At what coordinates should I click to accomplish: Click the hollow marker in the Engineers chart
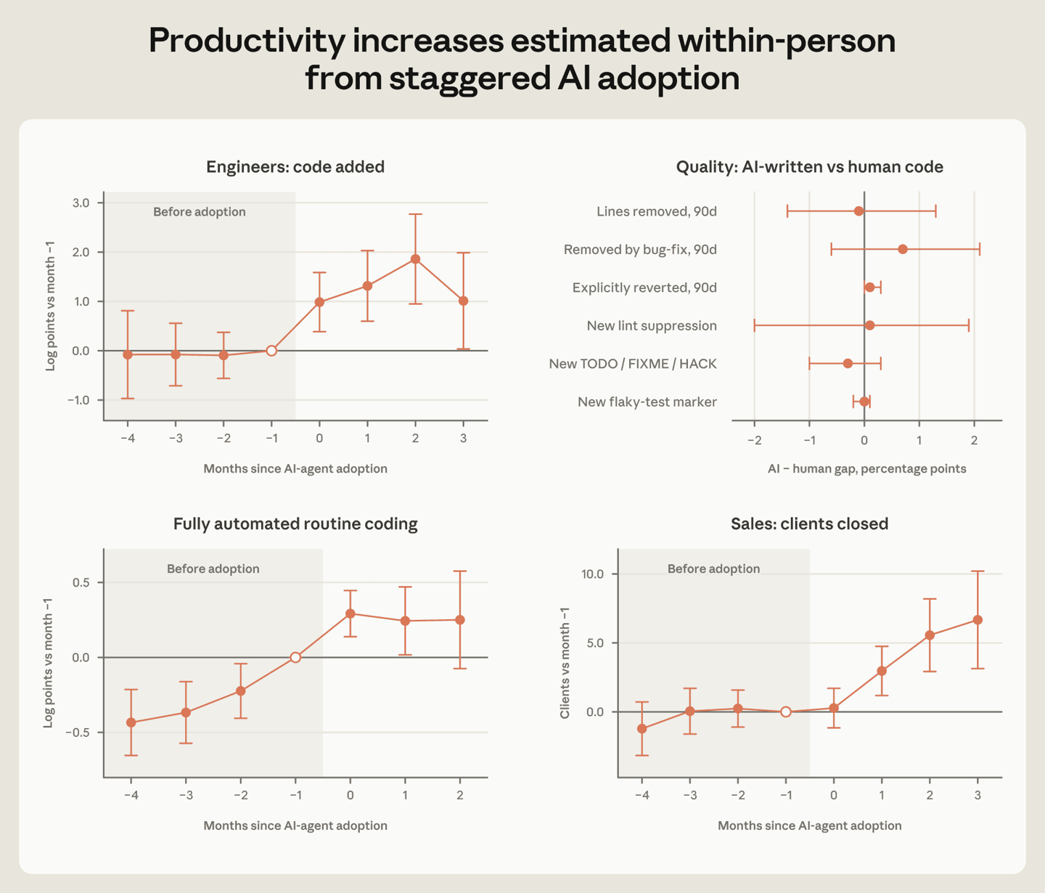click(x=271, y=351)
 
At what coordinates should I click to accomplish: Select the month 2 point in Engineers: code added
click(x=416, y=259)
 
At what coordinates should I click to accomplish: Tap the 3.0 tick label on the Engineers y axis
click(x=81, y=203)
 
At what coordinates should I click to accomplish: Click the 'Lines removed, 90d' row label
click(x=657, y=211)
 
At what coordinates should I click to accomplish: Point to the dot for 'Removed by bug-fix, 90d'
click(x=903, y=249)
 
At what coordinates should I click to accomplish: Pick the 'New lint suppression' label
click(x=652, y=326)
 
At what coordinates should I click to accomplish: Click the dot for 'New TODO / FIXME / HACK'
click(x=848, y=364)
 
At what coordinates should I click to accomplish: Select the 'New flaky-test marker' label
click(x=647, y=402)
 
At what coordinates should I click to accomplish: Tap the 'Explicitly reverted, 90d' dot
click(x=869, y=288)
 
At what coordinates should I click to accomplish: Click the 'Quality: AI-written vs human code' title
click(x=809, y=167)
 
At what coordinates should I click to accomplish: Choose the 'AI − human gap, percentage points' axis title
click(x=866, y=469)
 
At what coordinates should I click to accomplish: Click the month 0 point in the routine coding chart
click(x=351, y=613)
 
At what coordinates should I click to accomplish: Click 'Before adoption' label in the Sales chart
click(x=713, y=569)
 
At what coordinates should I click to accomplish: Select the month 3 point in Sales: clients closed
click(x=978, y=620)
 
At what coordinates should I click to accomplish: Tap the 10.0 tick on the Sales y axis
click(x=592, y=574)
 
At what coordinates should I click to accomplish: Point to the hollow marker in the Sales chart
click(x=786, y=711)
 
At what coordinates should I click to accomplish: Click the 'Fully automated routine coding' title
click(x=295, y=524)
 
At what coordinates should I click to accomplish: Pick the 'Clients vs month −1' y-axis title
click(x=565, y=663)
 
